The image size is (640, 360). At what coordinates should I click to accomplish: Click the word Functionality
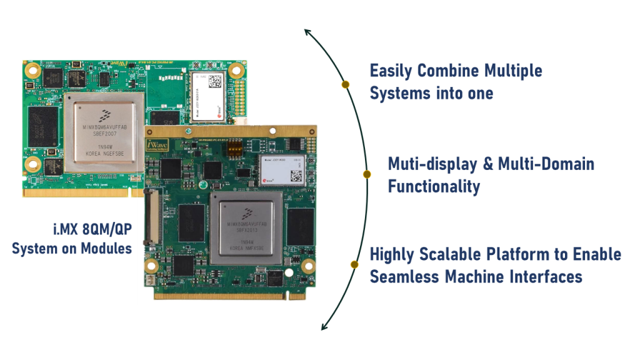(x=434, y=186)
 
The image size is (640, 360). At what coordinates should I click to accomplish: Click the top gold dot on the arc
(x=345, y=84)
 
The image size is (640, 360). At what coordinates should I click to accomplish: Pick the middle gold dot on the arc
(x=367, y=174)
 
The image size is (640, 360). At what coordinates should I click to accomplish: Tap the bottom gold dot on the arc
(x=354, y=264)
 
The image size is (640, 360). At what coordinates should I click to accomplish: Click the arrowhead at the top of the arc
(x=306, y=32)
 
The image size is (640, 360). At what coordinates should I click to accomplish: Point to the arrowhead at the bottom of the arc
(x=324, y=327)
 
